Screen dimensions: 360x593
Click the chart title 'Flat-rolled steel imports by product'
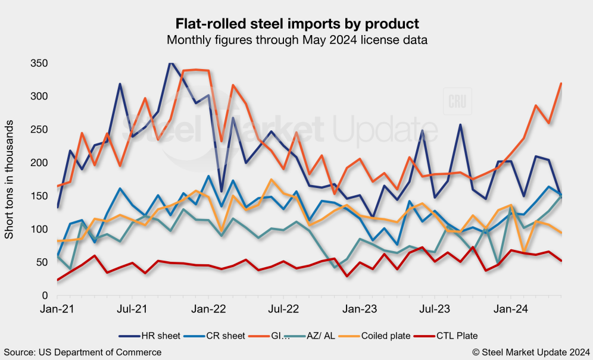tap(296, 24)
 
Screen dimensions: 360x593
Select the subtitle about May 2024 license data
tap(296, 40)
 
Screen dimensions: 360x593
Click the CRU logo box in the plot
tap(457, 101)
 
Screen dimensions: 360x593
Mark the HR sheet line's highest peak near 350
tap(171, 63)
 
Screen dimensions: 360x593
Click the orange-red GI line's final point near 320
tap(562, 83)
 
